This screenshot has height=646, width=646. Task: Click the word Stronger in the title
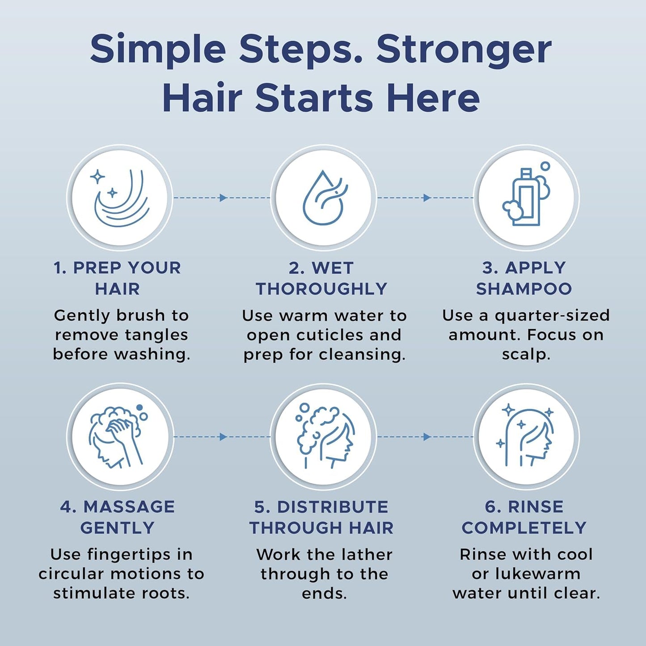pos(464,49)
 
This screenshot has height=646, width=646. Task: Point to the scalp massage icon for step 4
pos(119,436)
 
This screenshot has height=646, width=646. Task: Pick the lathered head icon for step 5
pos(323,436)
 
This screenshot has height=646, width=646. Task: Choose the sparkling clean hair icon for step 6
pos(526,436)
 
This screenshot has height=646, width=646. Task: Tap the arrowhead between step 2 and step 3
pos(426,198)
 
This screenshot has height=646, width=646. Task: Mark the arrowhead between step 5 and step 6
pos(426,437)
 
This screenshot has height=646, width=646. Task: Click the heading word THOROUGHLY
pos(321,289)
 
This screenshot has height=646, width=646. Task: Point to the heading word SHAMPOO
pos(524,289)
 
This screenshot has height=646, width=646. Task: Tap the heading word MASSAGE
pos(129,507)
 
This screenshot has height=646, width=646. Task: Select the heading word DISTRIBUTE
pos(333,507)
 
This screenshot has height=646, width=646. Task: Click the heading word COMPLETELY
pos(524,528)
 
